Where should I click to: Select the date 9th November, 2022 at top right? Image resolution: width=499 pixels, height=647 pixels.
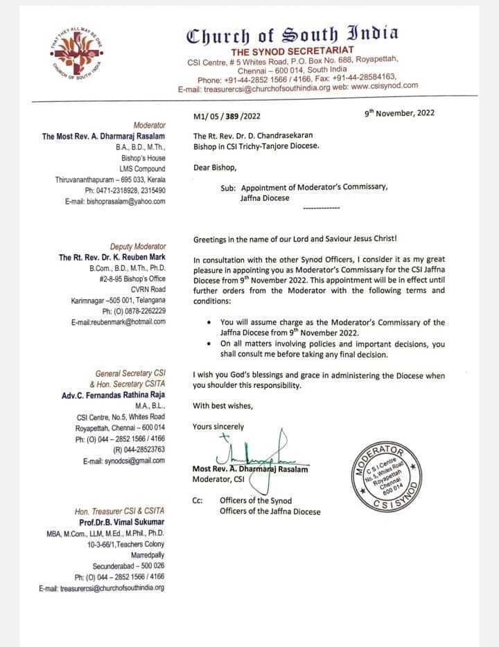point(400,113)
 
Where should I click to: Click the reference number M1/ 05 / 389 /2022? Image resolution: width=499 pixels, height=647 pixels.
point(227,116)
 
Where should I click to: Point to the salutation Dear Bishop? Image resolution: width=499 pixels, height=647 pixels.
point(215,168)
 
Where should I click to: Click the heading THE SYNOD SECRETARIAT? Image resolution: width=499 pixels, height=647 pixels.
point(292,51)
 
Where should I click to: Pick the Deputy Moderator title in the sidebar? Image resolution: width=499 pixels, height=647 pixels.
point(138,247)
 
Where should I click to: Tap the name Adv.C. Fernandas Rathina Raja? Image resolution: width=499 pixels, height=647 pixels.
point(114,396)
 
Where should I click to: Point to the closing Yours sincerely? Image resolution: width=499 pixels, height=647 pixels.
point(218,427)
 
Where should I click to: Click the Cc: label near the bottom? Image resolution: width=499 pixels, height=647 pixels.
point(198,500)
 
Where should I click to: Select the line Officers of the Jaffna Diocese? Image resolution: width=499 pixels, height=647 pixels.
point(270,512)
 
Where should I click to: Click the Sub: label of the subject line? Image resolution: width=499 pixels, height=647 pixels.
point(229,188)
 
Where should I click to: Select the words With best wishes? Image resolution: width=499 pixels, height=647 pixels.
point(223,405)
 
